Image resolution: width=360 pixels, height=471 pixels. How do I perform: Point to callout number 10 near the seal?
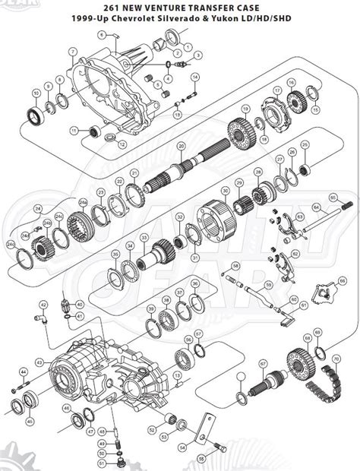36,93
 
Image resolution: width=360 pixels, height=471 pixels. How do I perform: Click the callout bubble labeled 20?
182,145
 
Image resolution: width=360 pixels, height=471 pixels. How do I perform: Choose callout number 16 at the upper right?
290,82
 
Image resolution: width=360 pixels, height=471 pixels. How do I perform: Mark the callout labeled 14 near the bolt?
194,77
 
